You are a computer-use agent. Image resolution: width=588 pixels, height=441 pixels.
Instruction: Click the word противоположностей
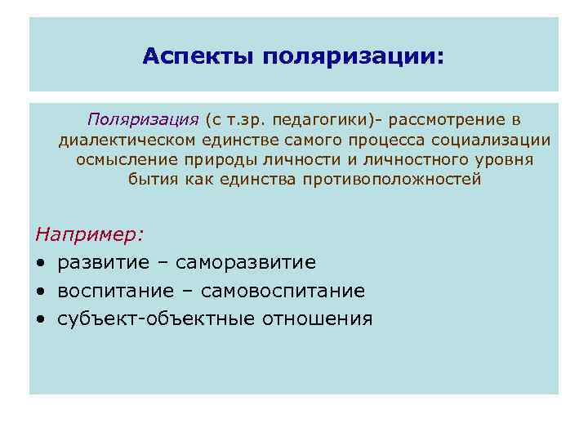click(x=392, y=179)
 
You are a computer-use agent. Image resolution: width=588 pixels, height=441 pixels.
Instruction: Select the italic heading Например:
click(x=89, y=234)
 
